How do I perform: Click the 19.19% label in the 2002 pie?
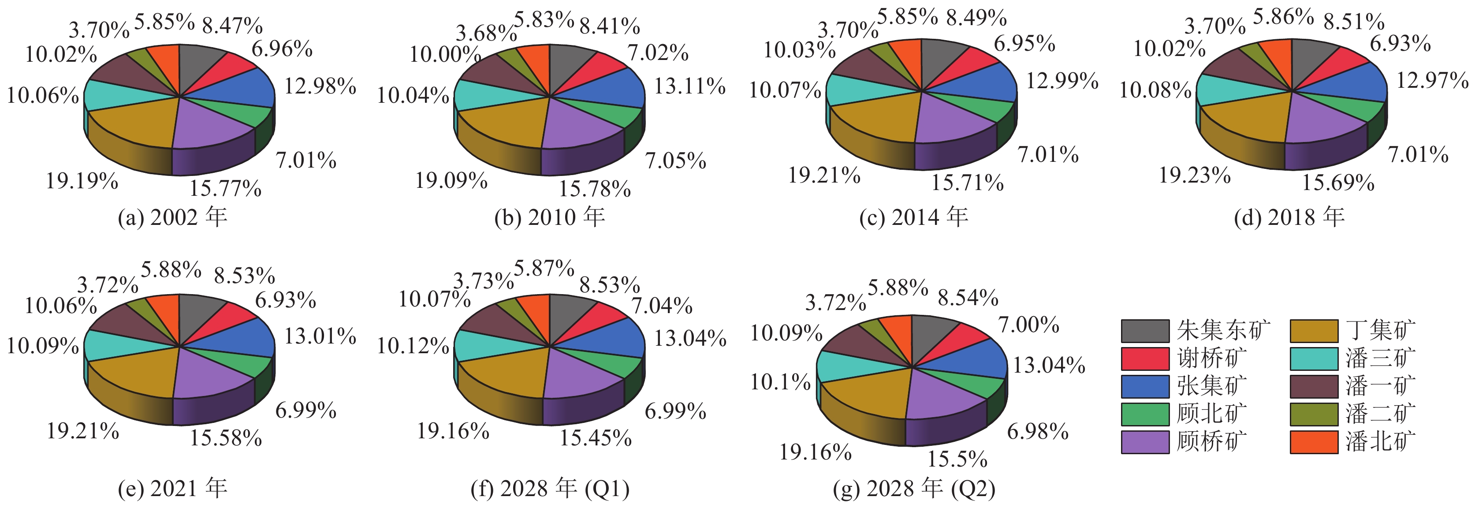coord(82,182)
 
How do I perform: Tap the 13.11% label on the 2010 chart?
coord(690,86)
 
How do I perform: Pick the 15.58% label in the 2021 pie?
coord(226,439)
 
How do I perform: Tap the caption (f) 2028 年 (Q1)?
coord(550,489)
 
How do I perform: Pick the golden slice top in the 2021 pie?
coord(134,372)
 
